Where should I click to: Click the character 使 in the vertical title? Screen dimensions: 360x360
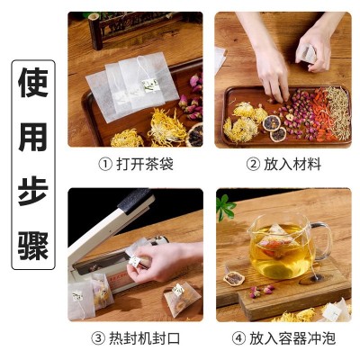coord(33,83)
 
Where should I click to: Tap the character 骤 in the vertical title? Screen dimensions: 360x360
coord(33,246)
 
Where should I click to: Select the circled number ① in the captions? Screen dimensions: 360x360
coord(105,165)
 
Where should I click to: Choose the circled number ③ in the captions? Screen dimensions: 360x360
coord(98,338)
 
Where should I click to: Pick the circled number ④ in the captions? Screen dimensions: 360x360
coord(238,338)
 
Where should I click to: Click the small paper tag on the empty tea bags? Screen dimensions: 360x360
coord(150,84)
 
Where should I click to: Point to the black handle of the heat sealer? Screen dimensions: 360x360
coord(134,200)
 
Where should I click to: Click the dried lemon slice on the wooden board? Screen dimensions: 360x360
coord(234,279)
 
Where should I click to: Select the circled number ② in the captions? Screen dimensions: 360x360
coord(253,165)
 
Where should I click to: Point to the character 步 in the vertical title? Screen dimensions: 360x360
coord(33,192)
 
